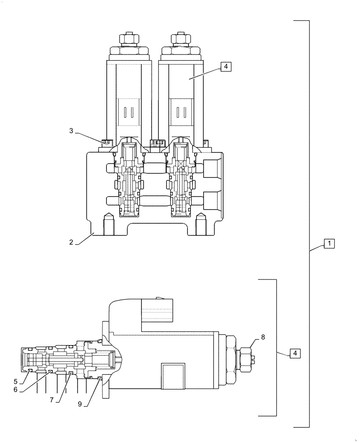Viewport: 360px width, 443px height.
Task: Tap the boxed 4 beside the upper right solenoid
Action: tap(225, 67)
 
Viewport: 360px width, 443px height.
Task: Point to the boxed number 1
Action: tap(329, 243)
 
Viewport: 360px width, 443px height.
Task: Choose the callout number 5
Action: tap(16, 381)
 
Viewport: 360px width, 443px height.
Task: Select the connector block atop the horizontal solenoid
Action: tap(157, 309)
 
